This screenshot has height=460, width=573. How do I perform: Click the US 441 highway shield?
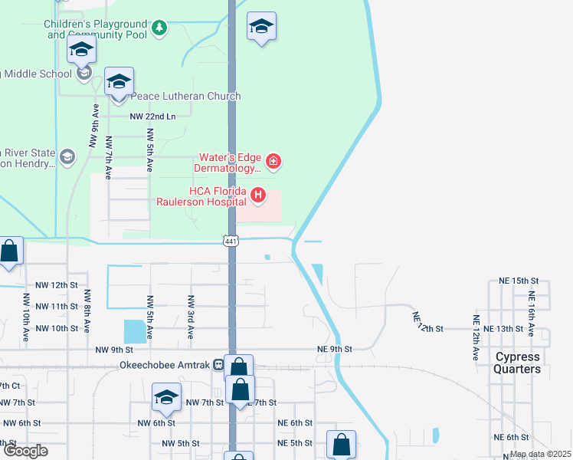[231, 242]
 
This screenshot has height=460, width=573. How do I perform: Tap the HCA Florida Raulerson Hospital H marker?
[258, 196]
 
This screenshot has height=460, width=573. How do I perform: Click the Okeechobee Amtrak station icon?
[219, 365]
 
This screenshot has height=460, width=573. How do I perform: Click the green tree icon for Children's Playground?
[159, 28]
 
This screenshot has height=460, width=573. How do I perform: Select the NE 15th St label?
[519, 281]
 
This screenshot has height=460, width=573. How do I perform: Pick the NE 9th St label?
[334, 349]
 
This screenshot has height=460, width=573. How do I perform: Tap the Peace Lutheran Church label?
[186, 97]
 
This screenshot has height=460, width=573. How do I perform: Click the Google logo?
[25, 451]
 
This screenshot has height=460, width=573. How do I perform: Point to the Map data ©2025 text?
[540, 454]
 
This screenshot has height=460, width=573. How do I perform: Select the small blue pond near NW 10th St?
[134, 331]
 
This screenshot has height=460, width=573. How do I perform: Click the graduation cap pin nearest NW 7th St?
[166, 399]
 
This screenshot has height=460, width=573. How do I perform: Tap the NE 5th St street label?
[295, 444]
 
